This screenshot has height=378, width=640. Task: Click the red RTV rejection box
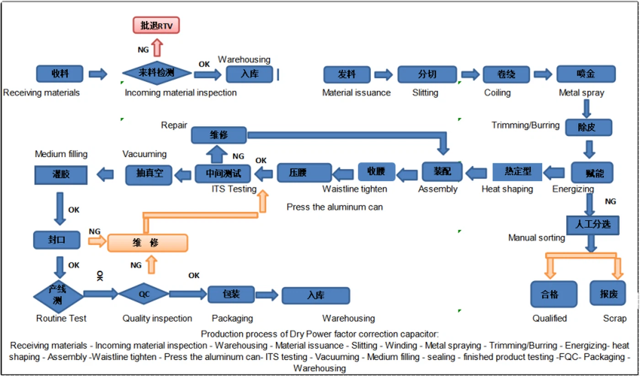click(x=156, y=25)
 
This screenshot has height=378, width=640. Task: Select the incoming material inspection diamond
click(x=157, y=73)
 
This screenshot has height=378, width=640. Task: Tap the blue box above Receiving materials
click(x=59, y=74)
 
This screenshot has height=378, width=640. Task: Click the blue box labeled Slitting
click(x=427, y=74)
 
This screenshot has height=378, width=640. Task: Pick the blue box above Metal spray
click(x=586, y=74)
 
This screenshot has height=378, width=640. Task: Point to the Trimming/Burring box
click(x=588, y=128)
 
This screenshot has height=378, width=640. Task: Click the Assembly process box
click(x=442, y=172)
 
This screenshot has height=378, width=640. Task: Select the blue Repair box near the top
click(x=219, y=135)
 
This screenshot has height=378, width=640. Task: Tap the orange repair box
click(x=147, y=243)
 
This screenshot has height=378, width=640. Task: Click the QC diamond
click(x=144, y=294)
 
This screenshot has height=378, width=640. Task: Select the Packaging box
click(x=231, y=294)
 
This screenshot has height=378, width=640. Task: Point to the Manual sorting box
click(x=592, y=225)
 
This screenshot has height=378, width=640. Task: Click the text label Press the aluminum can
click(x=335, y=207)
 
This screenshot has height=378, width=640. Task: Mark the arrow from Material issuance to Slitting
click(x=383, y=74)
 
